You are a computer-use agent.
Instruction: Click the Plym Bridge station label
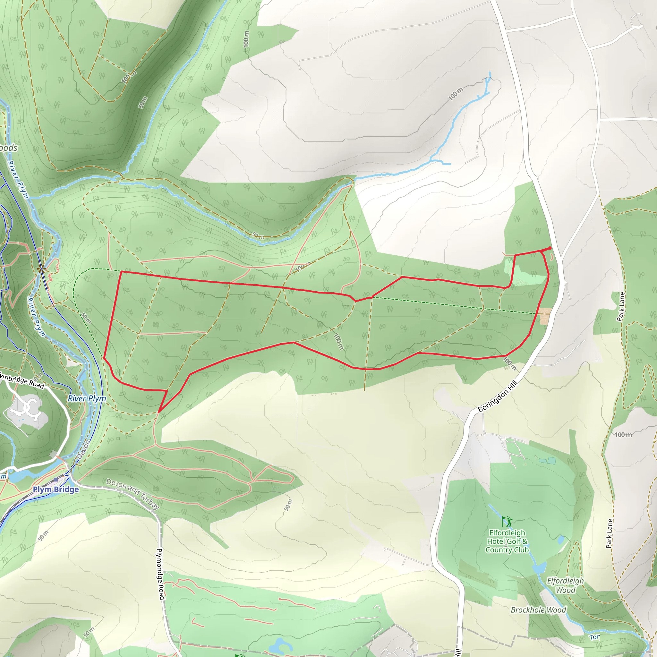point(56,489)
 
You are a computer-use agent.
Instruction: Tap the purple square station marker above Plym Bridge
point(55,480)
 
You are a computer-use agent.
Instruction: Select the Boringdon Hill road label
point(498,397)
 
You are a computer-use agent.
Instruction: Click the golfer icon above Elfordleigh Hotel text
point(507,521)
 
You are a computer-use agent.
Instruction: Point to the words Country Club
point(507,550)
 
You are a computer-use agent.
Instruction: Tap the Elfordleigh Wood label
point(565,585)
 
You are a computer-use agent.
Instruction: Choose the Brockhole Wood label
point(538,610)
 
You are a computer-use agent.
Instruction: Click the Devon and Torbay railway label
point(132,494)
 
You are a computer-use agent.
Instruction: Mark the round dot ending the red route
point(550,248)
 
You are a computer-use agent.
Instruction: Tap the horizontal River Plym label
point(87,398)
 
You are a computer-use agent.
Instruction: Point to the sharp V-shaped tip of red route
point(159,412)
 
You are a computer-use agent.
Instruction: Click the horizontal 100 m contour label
point(623,435)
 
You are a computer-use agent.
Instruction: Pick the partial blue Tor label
point(595,637)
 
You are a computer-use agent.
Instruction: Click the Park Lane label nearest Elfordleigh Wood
point(610,533)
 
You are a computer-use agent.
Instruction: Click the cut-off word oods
point(9,148)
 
